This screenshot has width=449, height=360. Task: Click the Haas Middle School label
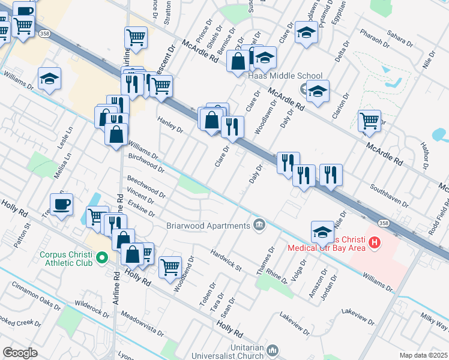[277, 76]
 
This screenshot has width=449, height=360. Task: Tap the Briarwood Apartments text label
[208, 226]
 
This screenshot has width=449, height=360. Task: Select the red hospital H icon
[375, 242]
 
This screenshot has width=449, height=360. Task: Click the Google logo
[20, 352]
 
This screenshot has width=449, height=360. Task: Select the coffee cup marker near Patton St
[61, 205]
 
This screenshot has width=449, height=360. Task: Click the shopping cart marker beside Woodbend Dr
[170, 265]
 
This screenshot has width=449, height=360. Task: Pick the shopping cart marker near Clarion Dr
[369, 121]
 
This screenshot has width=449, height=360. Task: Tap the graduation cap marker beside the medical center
[322, 232]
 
